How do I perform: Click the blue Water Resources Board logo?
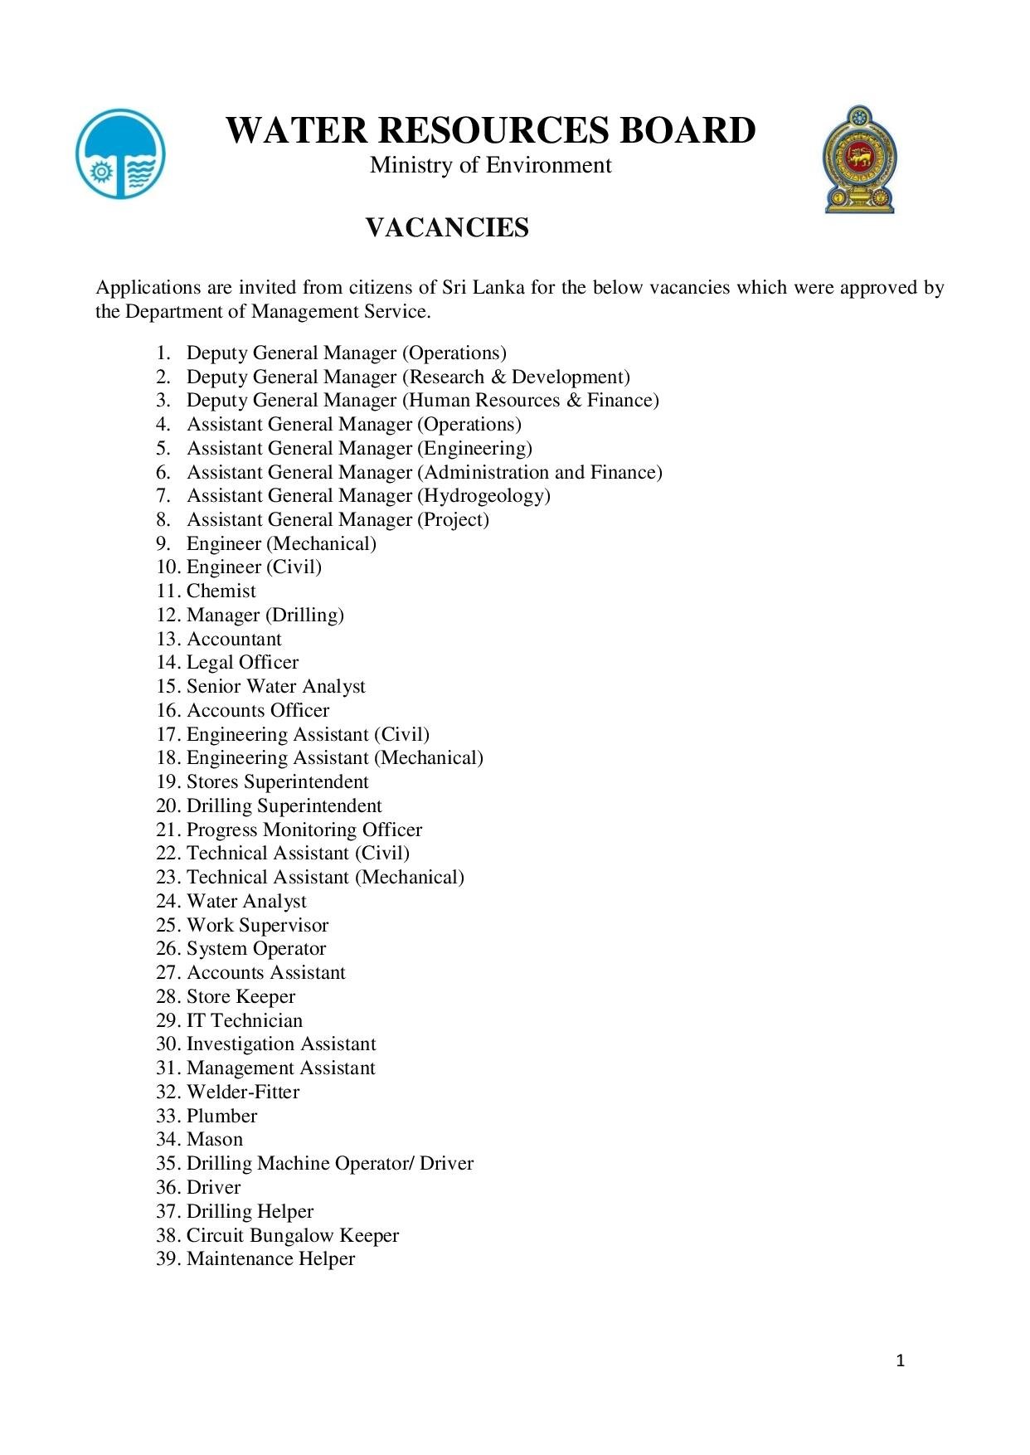click(x=120, y=154)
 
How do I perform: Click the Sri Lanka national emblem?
click(x=860, y=159)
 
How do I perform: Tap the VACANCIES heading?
click(x=447, y=227)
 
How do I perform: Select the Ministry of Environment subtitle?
click(x=490, y=165)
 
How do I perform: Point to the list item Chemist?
click(x=221, y=591)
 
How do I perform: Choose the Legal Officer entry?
click(x=242, y=663)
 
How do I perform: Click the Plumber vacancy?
click(x=221, y=1116)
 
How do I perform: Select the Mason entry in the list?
click(x=215, y=1140)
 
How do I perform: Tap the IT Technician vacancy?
click(x=245, y=1020)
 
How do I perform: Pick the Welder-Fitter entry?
click(x=243, y=1092)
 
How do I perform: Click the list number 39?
click(x=168, y=1259)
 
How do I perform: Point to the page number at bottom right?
click(x=901, y=1360)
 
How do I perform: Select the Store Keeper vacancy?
click(x=240, y=997)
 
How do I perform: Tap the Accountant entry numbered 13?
click(x=234, y=640)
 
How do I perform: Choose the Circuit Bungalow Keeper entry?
click(x=293, y=1235)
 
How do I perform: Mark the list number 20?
click(x=168, y=806)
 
